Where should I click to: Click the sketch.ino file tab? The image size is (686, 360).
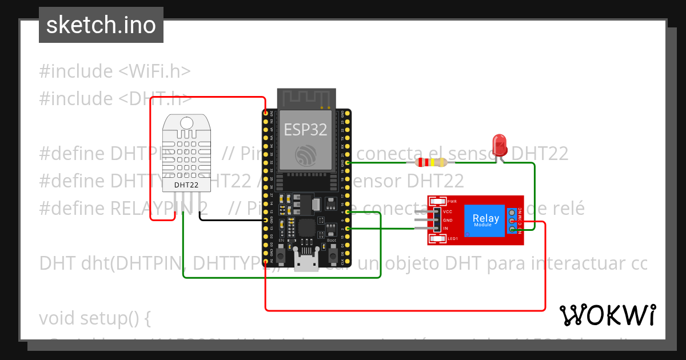pyautogui.click(x=101, y=25)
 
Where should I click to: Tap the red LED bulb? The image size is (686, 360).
pyautogui.click(x=500, y=144)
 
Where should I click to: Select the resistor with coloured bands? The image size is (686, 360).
pyautogui.click(x=430, y=162)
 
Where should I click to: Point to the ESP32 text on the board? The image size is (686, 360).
pyautogui.click(x=306, y=130)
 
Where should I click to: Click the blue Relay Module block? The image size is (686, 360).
pyautogui.click(x=485, y=219)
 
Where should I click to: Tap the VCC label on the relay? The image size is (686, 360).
pyautogui.click(x=448, y=211)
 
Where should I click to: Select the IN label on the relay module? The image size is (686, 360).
pyautogui.click(x=446, y=229)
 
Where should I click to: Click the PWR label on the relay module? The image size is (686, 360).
pyautogui.click(x=452, y=202)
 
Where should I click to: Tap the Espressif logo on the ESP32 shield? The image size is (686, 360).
pyautogui.click(x=305, y=154)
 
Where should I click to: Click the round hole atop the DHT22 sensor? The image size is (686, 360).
pyautogui.click(x=186, y=122)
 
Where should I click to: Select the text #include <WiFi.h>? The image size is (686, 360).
pyautogui.click(x=114, y=71)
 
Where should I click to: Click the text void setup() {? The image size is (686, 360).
pyautogui.click(x=94, y=318)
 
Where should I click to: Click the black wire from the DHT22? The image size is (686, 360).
pyautogui.click(x=229, y=219)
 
